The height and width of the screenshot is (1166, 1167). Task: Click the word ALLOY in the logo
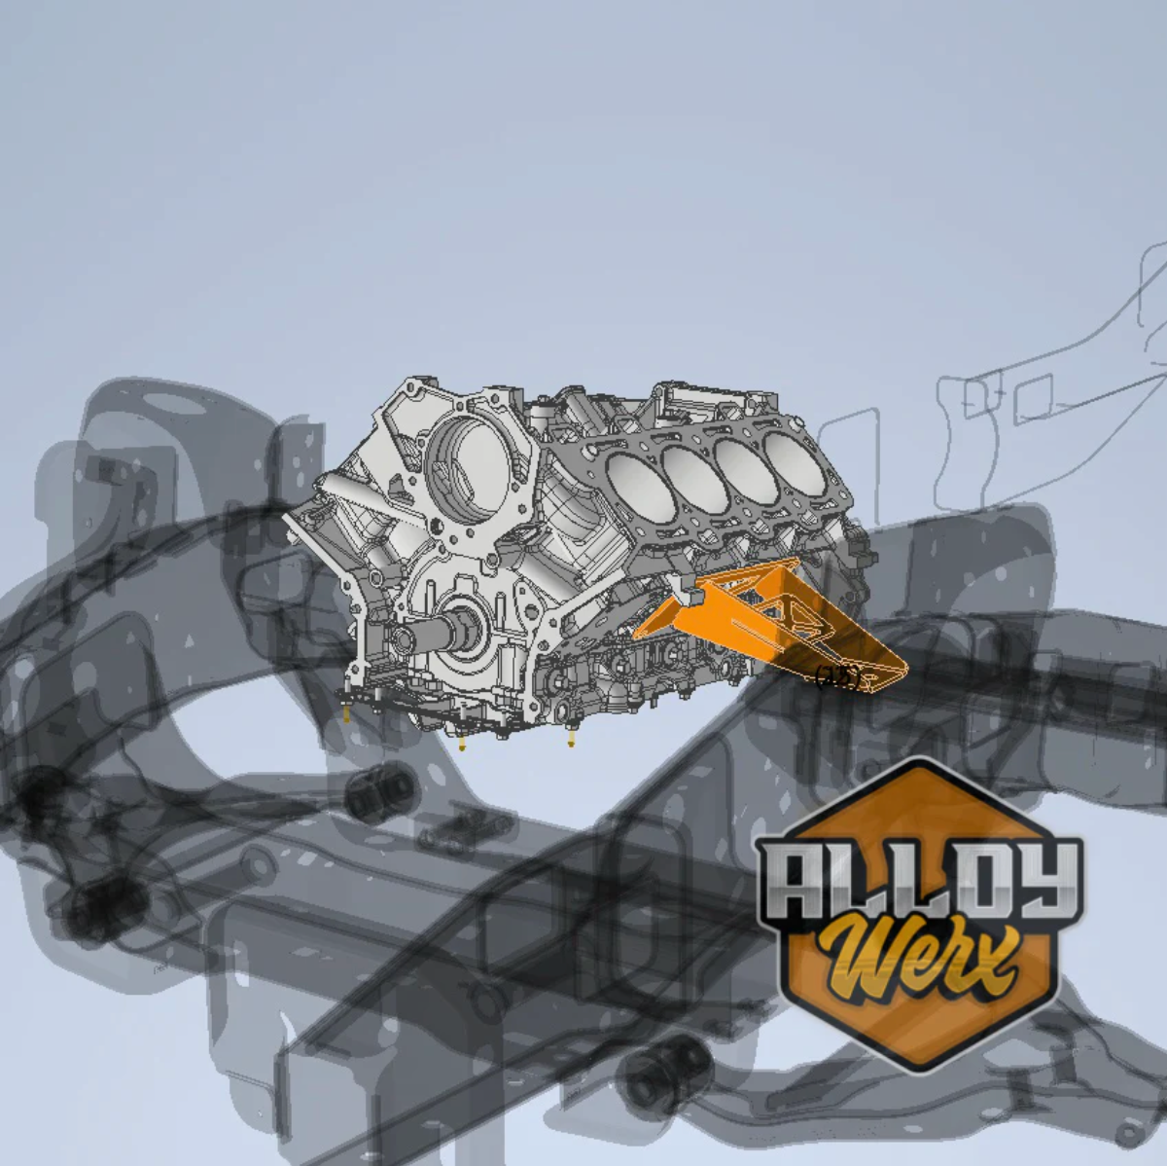919,880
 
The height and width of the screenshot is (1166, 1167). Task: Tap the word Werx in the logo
919,959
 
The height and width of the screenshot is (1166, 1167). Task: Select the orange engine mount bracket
768,623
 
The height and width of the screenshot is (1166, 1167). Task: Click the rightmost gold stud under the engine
571,743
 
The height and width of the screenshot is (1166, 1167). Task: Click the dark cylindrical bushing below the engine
381,788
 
